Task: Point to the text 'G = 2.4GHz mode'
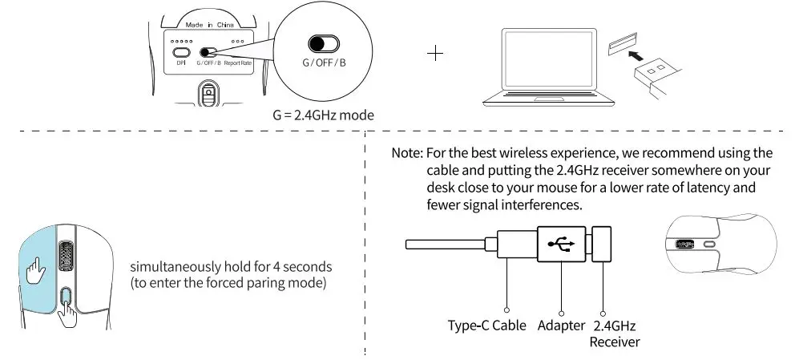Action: click(323, 115)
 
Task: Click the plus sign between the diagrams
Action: click(436, 55)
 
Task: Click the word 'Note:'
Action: click(406, 153)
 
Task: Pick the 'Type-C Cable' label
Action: click(486, 326)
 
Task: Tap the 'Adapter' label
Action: click(561, 326)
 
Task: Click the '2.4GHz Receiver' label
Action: click(614, 334)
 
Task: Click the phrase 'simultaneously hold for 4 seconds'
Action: click(231, 266)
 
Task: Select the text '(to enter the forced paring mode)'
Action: click(229, 283)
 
